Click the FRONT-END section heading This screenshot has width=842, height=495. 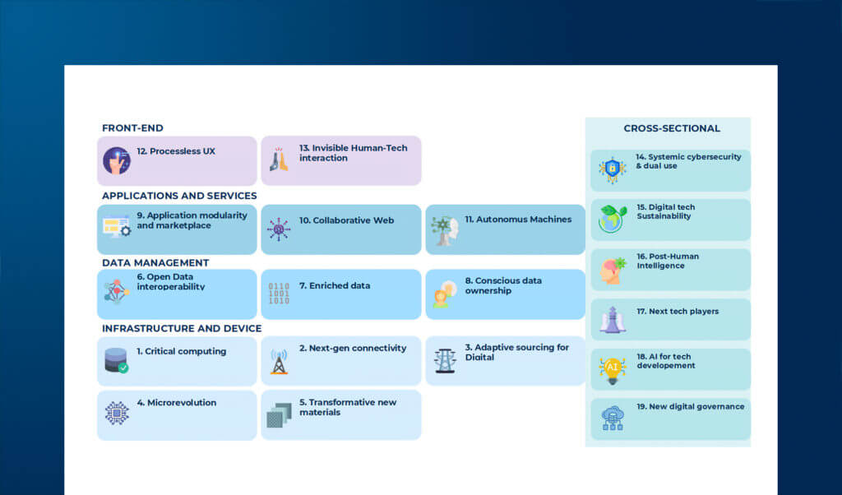(x=132, y=128)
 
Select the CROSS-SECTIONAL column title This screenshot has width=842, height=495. (x=671, y=128)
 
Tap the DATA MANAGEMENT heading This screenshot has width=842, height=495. (x=155, y=263)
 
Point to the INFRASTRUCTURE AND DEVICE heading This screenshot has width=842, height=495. (x=182, y=329)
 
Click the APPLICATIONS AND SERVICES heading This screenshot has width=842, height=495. (x=179, y=196)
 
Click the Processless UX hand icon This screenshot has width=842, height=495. (x=117, y=160)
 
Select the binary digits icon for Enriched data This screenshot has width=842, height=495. (x=279, y=294)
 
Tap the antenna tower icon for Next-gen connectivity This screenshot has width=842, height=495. (x=279, y=361)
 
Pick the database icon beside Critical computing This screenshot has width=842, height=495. (x=117, y=361)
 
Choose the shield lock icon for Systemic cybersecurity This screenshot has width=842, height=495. (x=612, y=169)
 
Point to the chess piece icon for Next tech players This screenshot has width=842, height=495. (x=612, y=320)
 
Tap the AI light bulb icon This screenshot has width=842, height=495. (x=612, y=369)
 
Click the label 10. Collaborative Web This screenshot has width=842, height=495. (x=346, y=220)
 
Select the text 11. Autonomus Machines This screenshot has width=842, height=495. (x=518, y=220)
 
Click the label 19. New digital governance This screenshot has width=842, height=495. (x=690, y=406)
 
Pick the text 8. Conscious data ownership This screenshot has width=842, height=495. (x=503, y=285)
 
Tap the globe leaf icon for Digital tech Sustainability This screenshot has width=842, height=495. (x=612, y=219)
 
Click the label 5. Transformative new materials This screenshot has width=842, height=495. (x=348, y=407)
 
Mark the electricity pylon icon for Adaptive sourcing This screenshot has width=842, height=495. (x=445, y=361)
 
